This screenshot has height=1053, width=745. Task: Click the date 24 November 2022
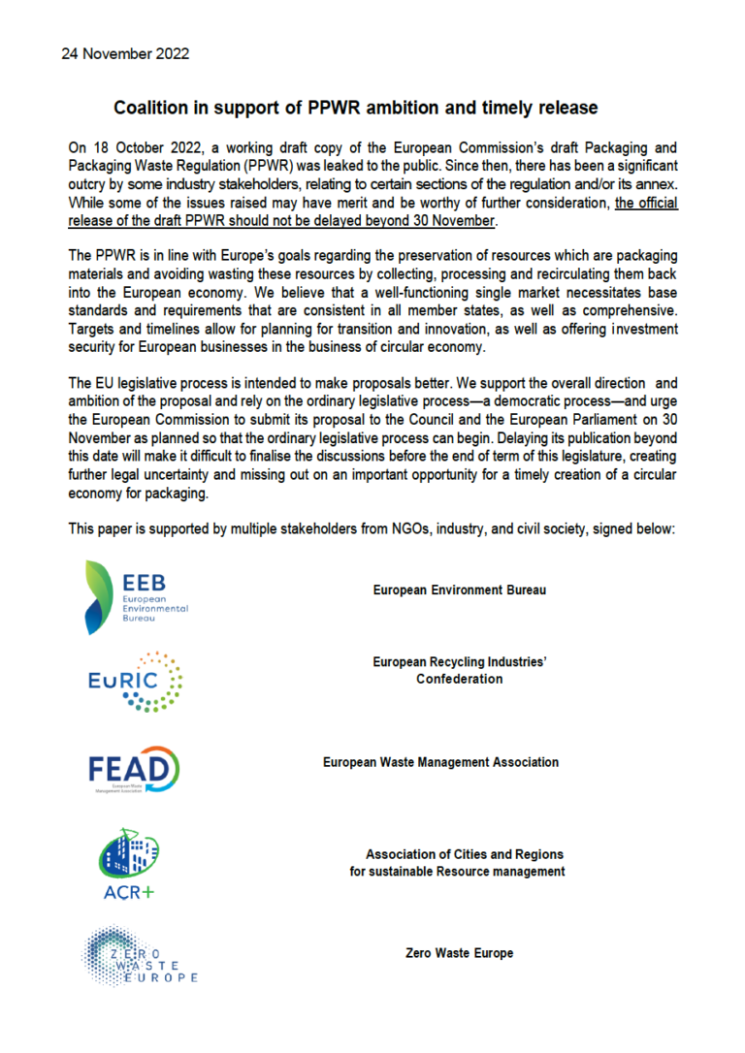[x=126, y=53]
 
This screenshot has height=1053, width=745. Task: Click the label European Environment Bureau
[x=459, y=590]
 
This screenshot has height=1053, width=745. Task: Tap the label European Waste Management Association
[x=440, y=762]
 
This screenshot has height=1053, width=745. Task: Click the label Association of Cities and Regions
[x=464, y=854]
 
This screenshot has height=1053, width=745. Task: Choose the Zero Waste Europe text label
[x=459, y=953]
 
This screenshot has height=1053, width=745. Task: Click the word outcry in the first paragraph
[x=88, y=184]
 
